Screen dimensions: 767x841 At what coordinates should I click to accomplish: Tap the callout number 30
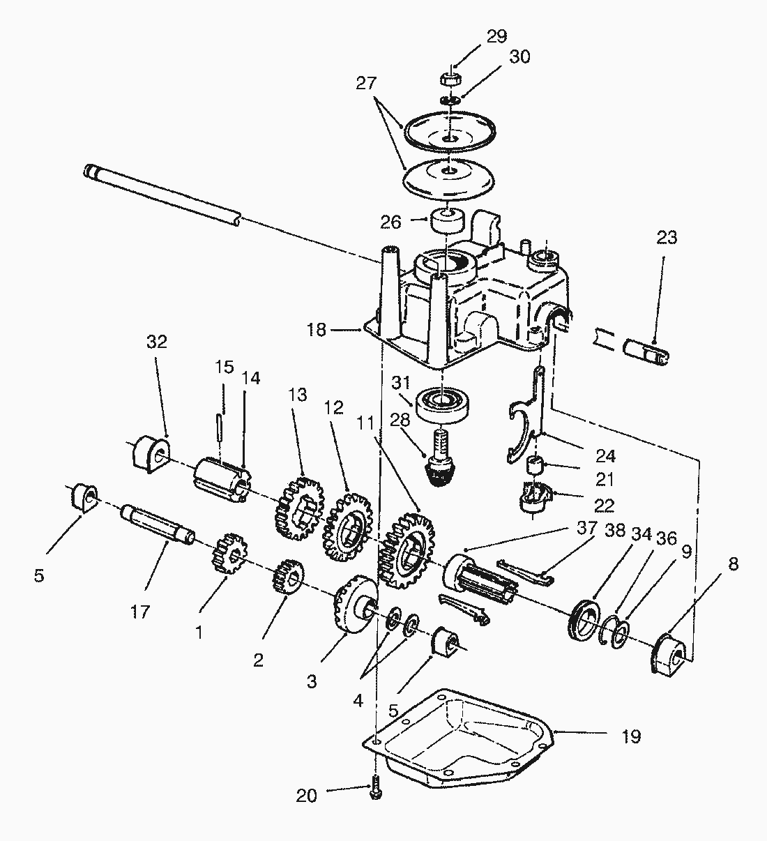click(x=519, y=56)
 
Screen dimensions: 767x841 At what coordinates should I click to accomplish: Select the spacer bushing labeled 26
click(x=448, y=220)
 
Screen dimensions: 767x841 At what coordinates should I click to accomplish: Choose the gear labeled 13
click(x=299, y=508)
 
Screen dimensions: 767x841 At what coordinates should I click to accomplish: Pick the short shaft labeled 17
click(x=158, y=526)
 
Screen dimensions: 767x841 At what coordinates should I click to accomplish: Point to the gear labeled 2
click(x=288, y=576)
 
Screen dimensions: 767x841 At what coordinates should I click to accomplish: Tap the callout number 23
click(x=667, y=237)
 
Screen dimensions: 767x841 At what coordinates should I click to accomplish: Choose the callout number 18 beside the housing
click(x=316, y=330)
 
